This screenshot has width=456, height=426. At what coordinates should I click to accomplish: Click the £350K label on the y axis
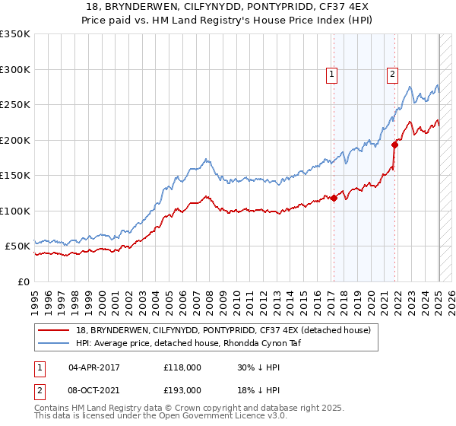pos(14,34)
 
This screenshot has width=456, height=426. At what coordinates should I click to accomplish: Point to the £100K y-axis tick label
pos(14,211)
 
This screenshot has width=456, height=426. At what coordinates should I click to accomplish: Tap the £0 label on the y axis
pos(23,281)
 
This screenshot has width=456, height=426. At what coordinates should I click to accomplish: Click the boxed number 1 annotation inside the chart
pos(333,75)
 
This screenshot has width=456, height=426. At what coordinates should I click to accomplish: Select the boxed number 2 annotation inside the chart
pos(392,75)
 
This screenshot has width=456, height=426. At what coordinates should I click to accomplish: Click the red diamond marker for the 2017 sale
pos(334,198)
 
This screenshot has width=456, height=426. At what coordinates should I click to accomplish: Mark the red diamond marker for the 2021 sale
pos(394,145)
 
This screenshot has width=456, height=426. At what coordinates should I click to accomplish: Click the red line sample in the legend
pos(55,330)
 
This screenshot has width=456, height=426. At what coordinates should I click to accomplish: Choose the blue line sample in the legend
pos(55,344)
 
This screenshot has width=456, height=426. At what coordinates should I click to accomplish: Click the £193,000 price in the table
pos(182,389)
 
